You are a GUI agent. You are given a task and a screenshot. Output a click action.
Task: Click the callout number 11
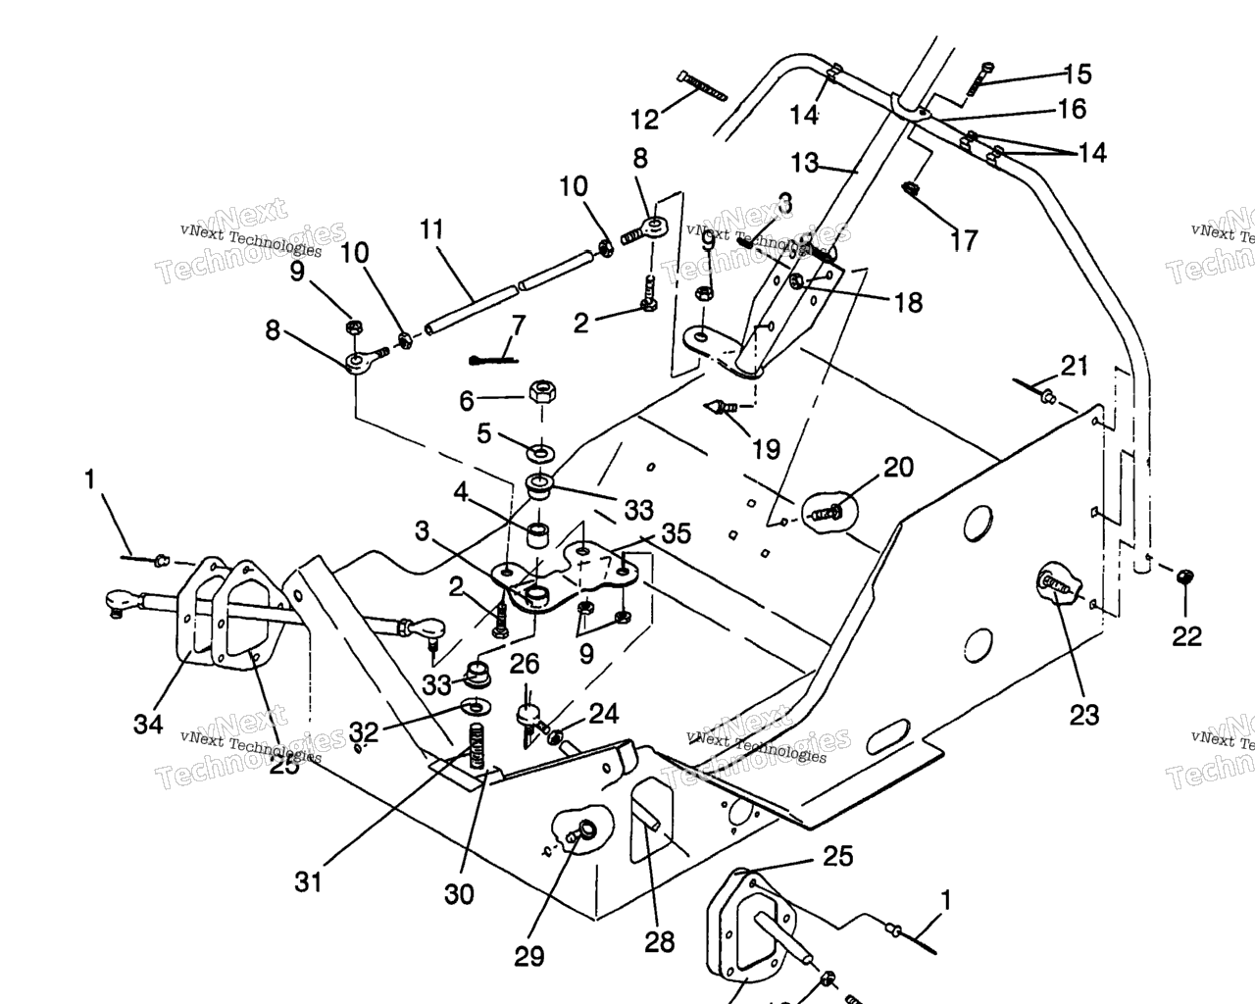431,230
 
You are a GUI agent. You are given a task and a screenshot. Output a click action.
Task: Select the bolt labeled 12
700,86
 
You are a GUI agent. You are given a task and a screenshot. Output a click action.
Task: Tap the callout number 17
964,239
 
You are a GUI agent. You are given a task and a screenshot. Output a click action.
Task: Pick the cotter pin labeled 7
493,359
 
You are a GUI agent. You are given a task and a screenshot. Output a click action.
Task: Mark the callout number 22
1186,636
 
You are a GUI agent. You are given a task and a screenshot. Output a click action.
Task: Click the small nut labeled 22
1184,577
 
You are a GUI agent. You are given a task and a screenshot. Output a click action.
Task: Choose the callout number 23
1084,715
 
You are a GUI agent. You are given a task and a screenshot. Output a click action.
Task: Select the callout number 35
676,533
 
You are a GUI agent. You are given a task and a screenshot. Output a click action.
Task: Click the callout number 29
529,956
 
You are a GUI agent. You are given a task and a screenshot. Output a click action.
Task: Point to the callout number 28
660,942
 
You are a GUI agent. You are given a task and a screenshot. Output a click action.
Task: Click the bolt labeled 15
981,77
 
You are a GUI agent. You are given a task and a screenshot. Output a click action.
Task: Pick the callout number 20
898,467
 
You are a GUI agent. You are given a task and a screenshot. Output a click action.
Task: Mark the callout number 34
148,725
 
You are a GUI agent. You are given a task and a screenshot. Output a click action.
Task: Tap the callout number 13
804,163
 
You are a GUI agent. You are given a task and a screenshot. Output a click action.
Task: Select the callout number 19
766,449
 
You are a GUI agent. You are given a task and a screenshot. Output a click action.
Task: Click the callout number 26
525,664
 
